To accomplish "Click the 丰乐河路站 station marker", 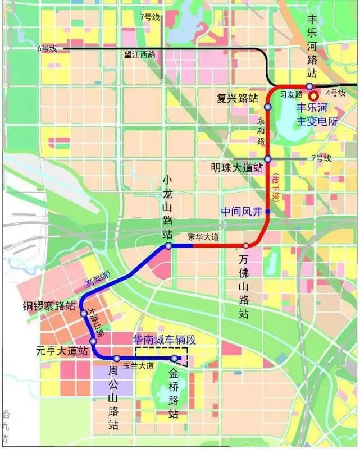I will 309,86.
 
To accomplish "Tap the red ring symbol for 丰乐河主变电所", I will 313,96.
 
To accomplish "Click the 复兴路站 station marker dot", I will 268,106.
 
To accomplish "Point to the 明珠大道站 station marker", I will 268,159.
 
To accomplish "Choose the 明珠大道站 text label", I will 238,167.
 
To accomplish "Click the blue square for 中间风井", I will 268,211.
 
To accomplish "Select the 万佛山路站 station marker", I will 246,245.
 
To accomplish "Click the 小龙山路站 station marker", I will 168,246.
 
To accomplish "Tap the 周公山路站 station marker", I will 117,358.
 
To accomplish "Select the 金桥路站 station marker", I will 175,358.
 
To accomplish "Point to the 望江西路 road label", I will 140,55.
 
